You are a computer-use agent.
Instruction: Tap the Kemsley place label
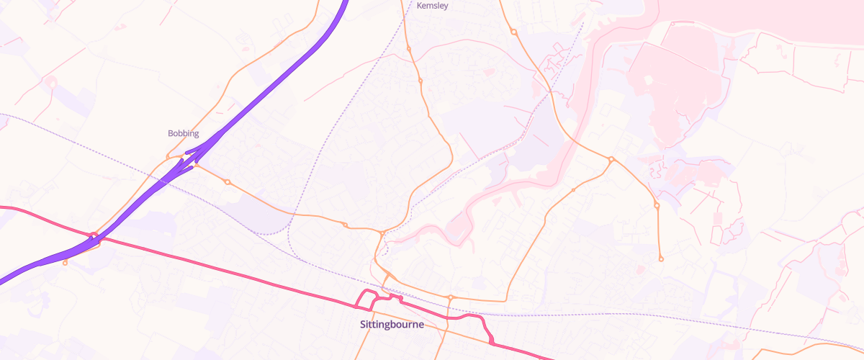433,6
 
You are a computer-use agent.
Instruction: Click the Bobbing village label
183,133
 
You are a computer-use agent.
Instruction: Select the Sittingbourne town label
392,325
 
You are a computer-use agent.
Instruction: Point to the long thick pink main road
216,266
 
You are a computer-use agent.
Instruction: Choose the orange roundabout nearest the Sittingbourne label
450,297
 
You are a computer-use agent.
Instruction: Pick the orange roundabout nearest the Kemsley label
408,49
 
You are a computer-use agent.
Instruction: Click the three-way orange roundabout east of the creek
611,159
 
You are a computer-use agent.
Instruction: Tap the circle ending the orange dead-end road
661,258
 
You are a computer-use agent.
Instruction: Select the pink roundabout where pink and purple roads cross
94,235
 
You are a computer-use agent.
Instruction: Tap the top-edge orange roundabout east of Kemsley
513,32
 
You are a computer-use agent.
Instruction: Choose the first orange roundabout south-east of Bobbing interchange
227,182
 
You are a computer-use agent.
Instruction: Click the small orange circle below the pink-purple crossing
66,263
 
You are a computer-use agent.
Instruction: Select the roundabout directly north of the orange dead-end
657,206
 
